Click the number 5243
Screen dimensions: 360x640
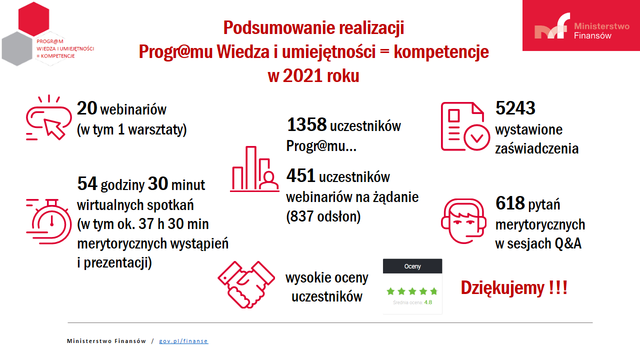pyautogui.click(x=515, y=108)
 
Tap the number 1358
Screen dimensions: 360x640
pyautogui.click(x=306, y=125)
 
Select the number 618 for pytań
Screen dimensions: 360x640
pyautogui.click(x=509, y=203)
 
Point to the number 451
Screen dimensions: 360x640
pyautogui.click(x=300, y=176)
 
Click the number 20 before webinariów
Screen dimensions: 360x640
pyautogui.click(x=87, y=108)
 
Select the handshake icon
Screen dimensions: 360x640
pyautogui.click(x=246, y=284)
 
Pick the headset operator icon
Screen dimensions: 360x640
pyautogui.click(x=463, y=220)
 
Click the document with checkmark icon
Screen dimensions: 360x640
pyautogui.click(x=462, y=126)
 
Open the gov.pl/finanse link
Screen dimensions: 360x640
pyautogui.click(x=183, y=341)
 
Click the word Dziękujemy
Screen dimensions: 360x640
pyautogui.click(x=502, y=288)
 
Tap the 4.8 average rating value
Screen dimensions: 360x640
pyautogui.click(x=428, y=302)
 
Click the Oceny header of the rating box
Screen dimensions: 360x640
pyautogui.click(x=412, y=266)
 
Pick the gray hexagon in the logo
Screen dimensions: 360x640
pyautogui.click(x=17, y=48)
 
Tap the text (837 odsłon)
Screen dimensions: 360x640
pyautogui.click(x=323, y=216)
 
